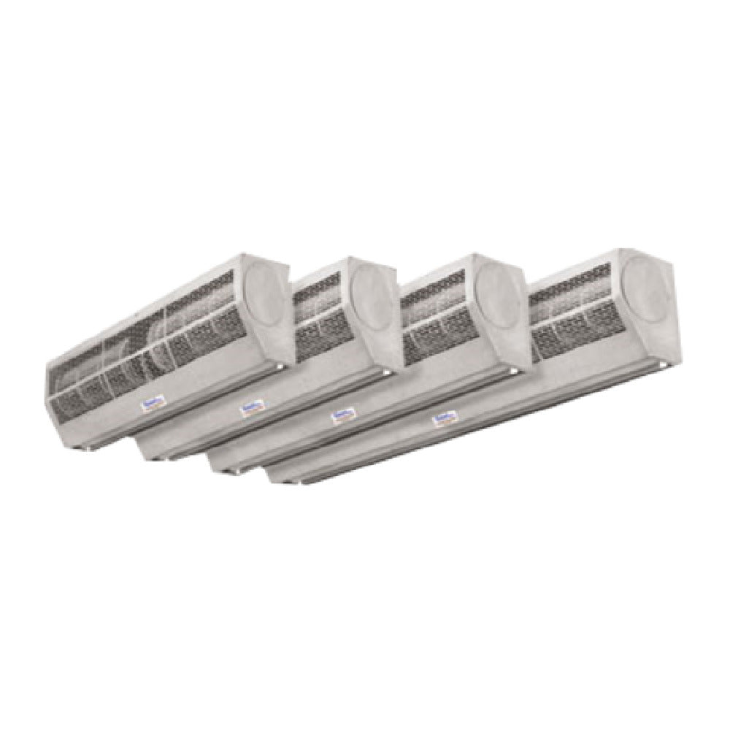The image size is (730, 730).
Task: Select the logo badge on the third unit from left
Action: pyautogui.click(x=342, y=416)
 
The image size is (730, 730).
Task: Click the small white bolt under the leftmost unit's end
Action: pyautogui.click(x=280, y=364)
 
